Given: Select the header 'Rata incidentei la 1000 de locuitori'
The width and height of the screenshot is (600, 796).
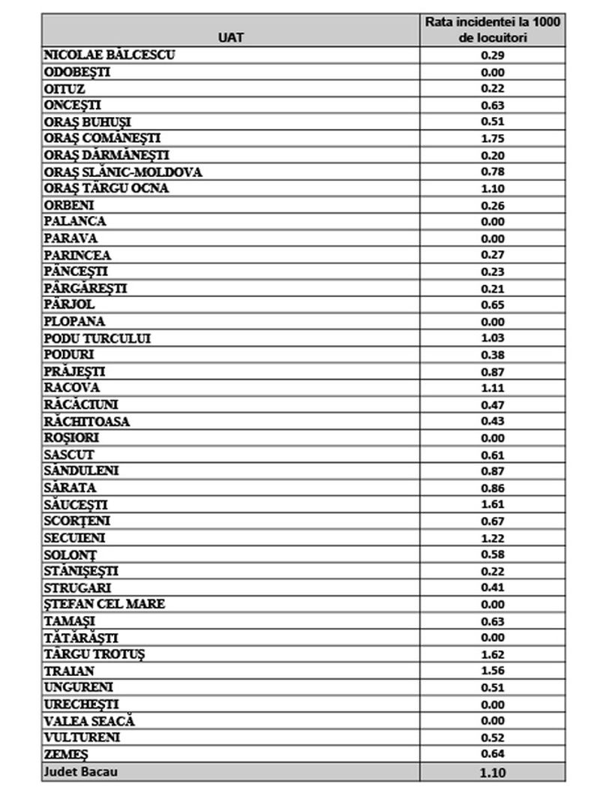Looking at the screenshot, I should pos(493,30).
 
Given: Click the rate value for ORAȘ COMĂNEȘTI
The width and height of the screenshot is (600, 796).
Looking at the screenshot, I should pos(493,139).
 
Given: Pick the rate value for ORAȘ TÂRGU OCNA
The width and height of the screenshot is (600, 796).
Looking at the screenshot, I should pos(493,188).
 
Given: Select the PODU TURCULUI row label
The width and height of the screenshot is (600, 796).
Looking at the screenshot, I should pos(97,338).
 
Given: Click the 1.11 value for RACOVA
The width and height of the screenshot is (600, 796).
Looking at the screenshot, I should pos(493,388).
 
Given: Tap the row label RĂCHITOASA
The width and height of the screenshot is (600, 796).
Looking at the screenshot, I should pos(87,422).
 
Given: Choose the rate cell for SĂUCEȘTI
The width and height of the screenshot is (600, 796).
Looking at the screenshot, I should pos(493,505).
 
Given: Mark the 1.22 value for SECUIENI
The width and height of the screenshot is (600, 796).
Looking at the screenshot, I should pos(493,538).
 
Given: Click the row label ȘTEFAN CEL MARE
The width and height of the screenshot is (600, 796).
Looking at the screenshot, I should pos(104,604).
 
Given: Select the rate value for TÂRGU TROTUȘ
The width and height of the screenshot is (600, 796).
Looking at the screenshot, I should pos(493,654).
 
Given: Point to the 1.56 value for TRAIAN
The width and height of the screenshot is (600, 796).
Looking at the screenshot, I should pos(493,671).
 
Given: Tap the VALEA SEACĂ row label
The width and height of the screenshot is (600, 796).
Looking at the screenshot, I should pos(89,721).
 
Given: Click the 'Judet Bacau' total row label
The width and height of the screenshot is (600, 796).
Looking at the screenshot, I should pos(81,771).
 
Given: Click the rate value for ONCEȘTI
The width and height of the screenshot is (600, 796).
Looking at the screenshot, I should pos(493,105).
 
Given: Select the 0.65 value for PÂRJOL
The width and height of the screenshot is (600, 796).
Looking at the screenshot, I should pos(493,305).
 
